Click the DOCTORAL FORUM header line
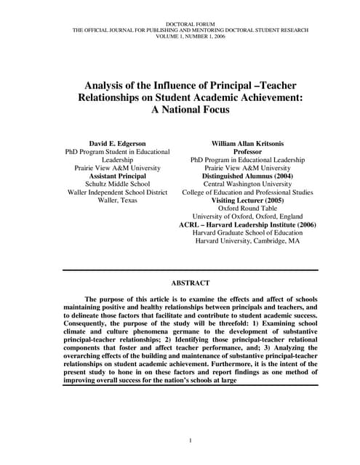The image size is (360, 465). click(190, 24)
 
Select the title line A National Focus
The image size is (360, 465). click(190, 110)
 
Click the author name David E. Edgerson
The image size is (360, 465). click(118, 144)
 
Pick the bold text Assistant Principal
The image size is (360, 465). click(118, 176)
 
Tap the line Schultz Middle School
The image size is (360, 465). click(118, 184)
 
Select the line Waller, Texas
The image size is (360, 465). click(118, 200)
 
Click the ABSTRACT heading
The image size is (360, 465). click(190, 283)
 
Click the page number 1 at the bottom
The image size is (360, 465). click(190, 441)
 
